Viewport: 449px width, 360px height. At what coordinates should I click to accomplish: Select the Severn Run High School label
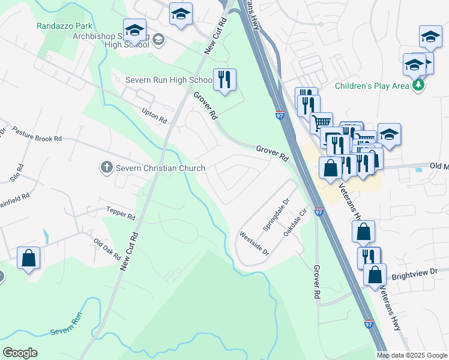click(169, 80)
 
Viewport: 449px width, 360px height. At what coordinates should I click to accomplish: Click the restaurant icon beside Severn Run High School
click(225, 79)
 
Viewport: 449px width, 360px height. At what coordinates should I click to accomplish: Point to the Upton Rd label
click(154, 116)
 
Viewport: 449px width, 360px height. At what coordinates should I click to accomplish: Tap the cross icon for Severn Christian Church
click(106, 167)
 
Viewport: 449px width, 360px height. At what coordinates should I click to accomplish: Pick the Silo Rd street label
click(16, 173)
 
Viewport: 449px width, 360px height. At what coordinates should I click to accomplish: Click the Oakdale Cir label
click(296, 222)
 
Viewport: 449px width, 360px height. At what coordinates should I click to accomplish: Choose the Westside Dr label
click(254, 244)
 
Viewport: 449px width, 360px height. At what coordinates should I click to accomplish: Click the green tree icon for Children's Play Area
click(418, 86)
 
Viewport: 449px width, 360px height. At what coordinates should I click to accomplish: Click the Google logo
click(20, 353)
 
